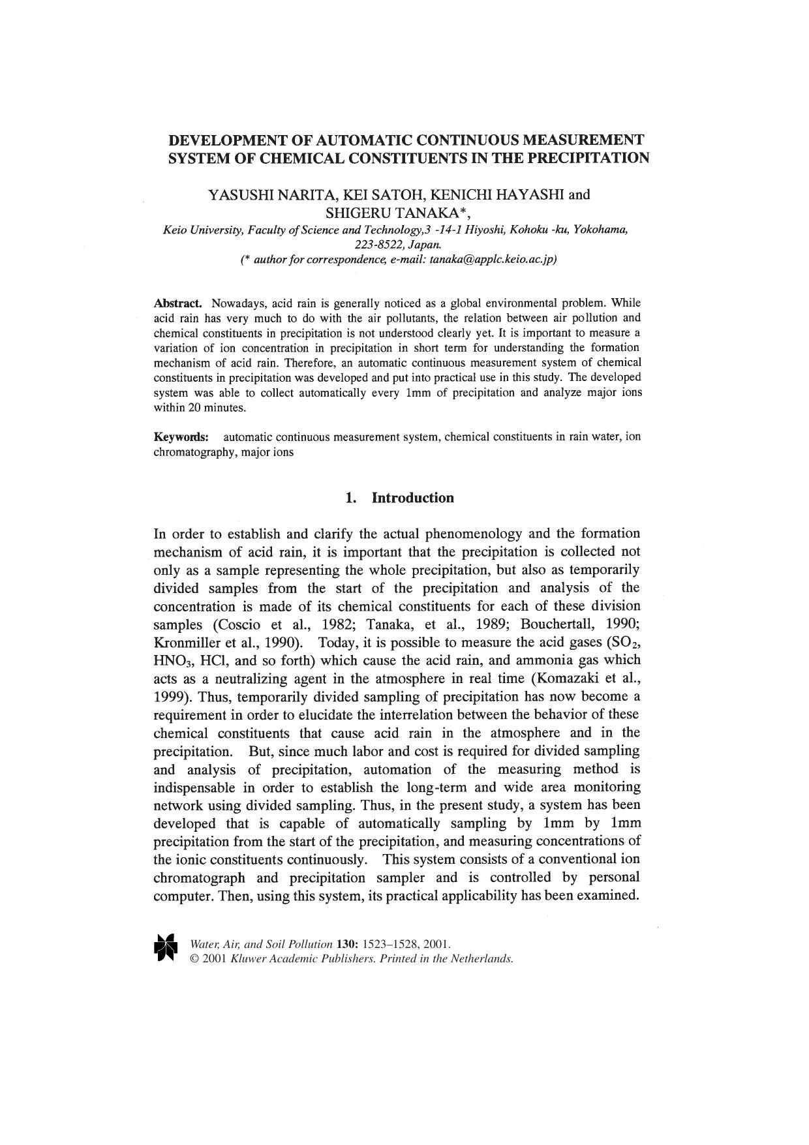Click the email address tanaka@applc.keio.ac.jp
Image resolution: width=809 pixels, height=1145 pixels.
click(491, 259)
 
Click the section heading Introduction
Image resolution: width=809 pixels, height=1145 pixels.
click(412, 498)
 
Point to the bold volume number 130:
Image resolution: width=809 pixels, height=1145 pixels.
click(344, 944)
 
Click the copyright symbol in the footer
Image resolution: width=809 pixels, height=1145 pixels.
click(193, 959)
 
